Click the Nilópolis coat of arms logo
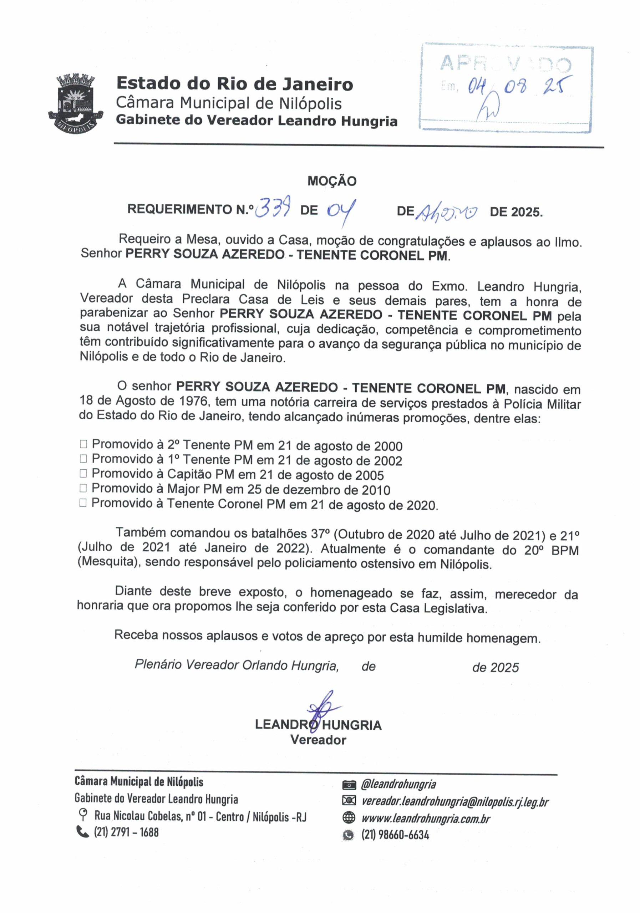click(x=76, y=104)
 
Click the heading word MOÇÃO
click(x=332, y=181)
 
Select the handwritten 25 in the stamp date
click(x=556, y=85)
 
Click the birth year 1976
click(x=194, y=401)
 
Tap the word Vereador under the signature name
click(x=318, y=740)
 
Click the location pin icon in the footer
click(x=83, y=815)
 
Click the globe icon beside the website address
click(x=349, y=818)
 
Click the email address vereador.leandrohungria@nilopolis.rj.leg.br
click(x=454, y=801)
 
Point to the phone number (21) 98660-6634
click(x=395, y=834)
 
